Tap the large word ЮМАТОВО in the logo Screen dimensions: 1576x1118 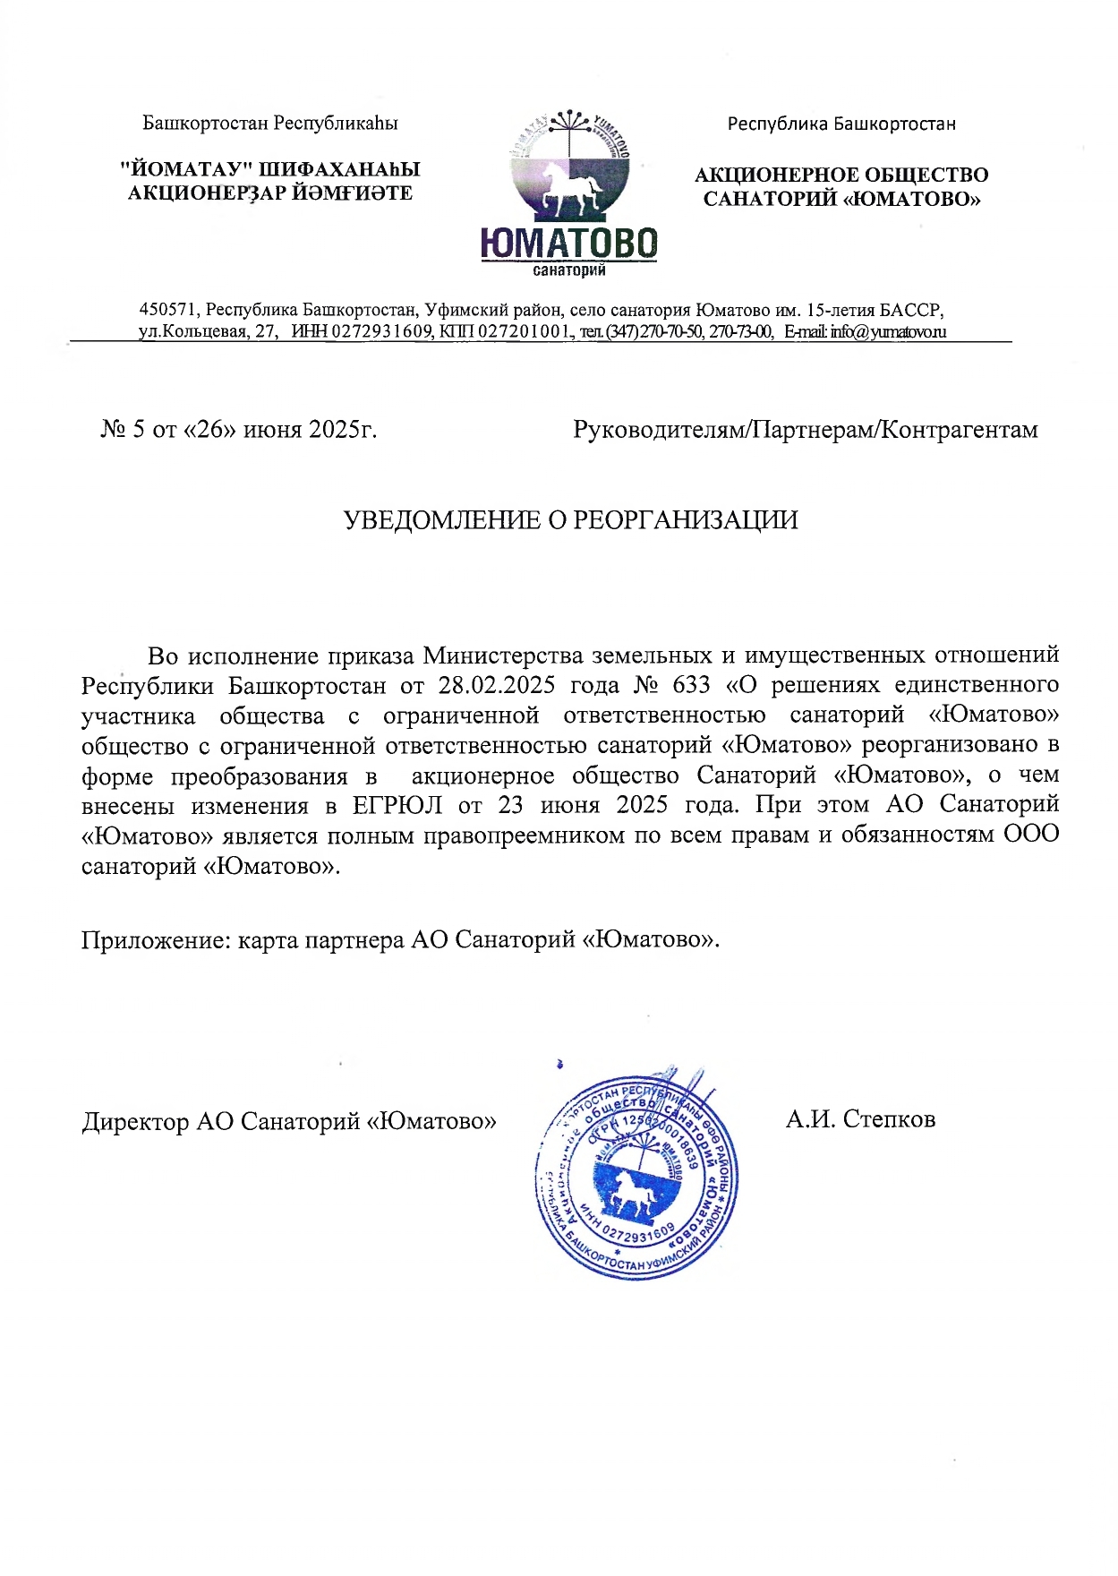pyautogui.click(x=568, y=244)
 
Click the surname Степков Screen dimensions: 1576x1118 pyautogui.click(x=889, y=1119)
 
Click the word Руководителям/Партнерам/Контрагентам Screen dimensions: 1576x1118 pyautogui.click(x=805, y=430)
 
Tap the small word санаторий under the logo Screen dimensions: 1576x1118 pyautogui.click(x=568, y=270)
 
